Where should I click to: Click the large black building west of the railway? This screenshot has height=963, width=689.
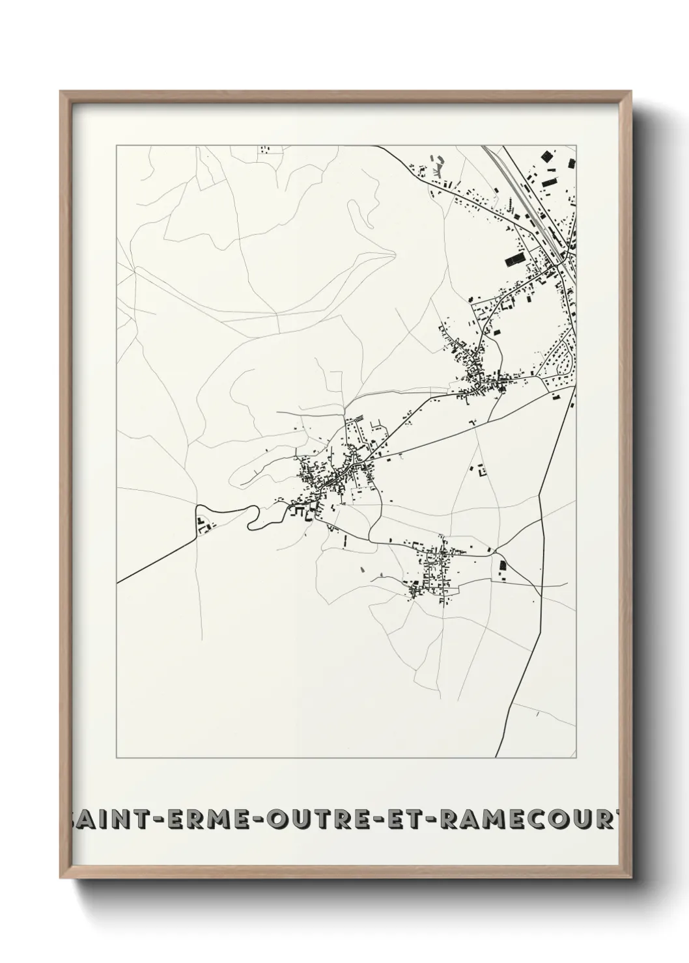point(515,260)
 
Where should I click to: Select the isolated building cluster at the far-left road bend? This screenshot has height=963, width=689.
point(203,523)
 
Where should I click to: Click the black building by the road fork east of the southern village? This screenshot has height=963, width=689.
point(502,567)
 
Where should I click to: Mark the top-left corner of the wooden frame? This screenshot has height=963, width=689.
point(61,92)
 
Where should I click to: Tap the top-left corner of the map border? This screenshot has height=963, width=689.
point(117,146)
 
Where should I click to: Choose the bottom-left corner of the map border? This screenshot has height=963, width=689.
point(117,757)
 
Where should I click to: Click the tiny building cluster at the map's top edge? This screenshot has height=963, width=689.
point(264,150)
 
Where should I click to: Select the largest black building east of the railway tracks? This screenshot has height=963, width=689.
point(546,156)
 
